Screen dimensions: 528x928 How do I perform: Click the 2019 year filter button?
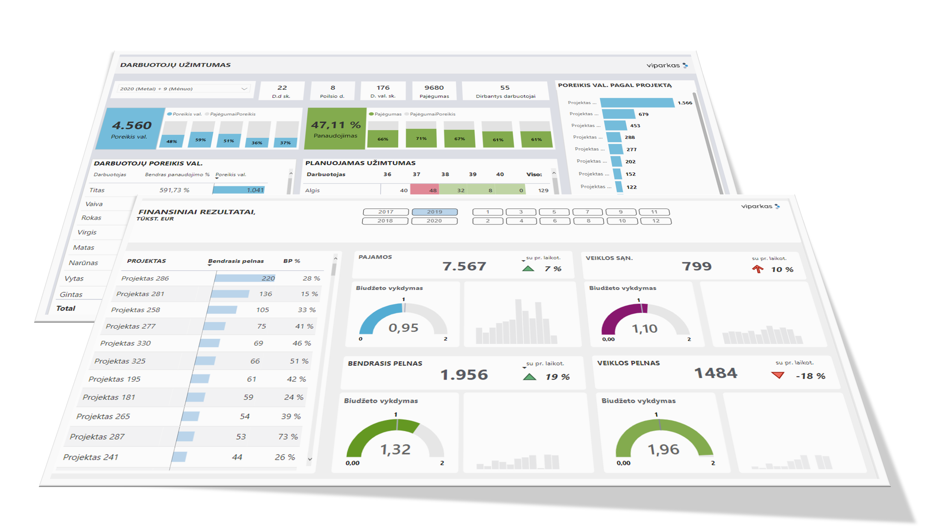click(435, 212)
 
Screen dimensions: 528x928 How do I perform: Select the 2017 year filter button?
click(386, 212)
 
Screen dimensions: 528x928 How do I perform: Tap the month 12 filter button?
click(656, 221)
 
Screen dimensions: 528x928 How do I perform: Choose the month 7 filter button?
click(587, 212)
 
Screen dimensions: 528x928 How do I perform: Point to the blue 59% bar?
click(201, 139)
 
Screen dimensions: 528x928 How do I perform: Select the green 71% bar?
click(421, 138)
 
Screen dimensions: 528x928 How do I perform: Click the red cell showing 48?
click(424, 190)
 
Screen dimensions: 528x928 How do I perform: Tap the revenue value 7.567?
click(464, 267)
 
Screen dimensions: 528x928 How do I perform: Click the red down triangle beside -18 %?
click(778, 375)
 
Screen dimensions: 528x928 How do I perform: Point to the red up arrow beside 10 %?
click(758, 269)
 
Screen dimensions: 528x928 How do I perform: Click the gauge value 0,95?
click(403, 328)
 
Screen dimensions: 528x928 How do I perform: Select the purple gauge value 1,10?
click(644, 329)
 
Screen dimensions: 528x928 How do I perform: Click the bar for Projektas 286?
click(245, 278)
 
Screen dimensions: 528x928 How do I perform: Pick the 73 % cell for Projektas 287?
click(288, 437)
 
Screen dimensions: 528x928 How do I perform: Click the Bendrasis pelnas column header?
click(236, 261)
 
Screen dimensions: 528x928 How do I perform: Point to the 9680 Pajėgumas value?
click(434, 88)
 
